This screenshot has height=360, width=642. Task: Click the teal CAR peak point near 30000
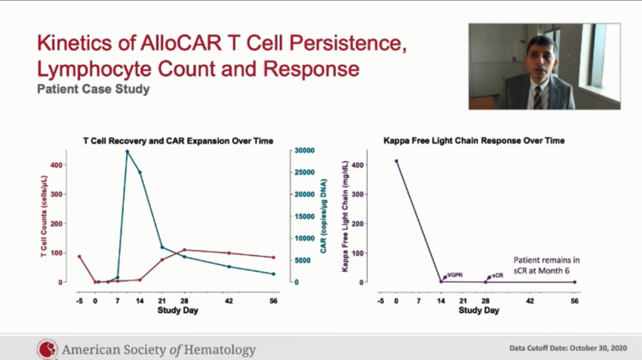[x=127, y=151]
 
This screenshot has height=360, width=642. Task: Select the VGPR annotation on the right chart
[x=455, y=275]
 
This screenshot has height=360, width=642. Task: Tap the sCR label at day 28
[x=498, y=276]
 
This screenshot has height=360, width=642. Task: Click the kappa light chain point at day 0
[x=396, y=160]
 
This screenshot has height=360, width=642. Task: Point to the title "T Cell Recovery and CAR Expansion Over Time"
[x=178, y=141]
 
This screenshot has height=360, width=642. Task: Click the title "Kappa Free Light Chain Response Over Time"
[x=474, y=141]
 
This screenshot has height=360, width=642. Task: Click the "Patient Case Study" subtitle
[x=93, y=90]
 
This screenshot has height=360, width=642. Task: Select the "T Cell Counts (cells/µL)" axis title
[x=45, y=216]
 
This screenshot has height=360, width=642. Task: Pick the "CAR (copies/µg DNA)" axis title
[x=324, y=216]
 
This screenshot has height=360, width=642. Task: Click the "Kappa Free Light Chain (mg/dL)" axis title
[x=345, y=216]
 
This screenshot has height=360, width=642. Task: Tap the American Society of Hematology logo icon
[x=47, y=349]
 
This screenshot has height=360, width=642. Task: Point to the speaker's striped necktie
[x=537, y=97]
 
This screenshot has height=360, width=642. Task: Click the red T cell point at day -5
[x=79, y=257]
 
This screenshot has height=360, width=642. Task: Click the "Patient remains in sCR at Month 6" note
[x=546, y=264]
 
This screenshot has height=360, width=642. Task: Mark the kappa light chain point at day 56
[x=574, y=282]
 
